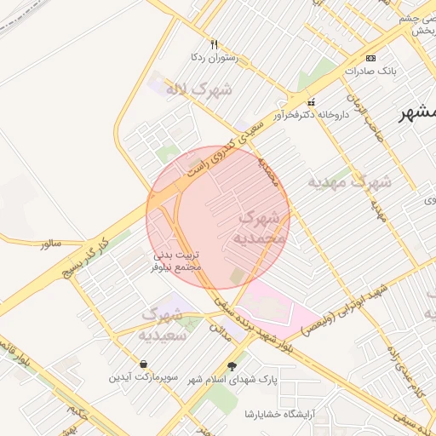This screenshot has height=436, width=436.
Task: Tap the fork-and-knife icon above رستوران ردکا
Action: point(215,44)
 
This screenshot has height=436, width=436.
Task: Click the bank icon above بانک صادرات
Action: point(370,57)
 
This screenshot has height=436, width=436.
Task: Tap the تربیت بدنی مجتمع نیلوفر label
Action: point(177,261)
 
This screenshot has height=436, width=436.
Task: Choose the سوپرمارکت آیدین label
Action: point(142,376)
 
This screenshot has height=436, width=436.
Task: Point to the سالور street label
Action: point(51,244)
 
